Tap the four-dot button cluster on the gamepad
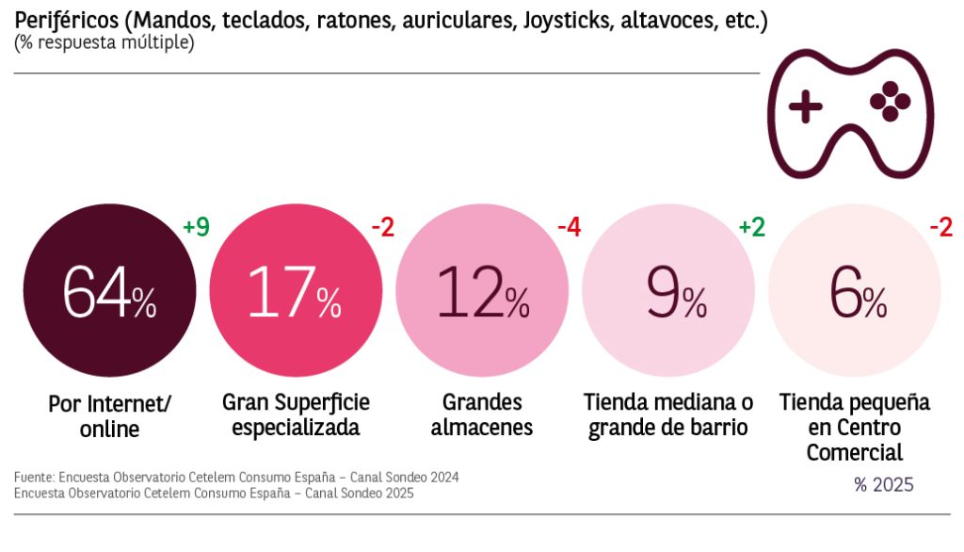(890, 103)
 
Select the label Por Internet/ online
(109, 416)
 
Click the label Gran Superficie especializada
(296, 414)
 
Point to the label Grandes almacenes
(482, 414)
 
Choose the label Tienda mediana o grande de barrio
(668, 414)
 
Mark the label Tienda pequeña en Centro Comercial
(854, 428)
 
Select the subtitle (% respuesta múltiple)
(104, 43)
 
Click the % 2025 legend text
(883, 485)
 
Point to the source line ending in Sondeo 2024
(236, 478)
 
